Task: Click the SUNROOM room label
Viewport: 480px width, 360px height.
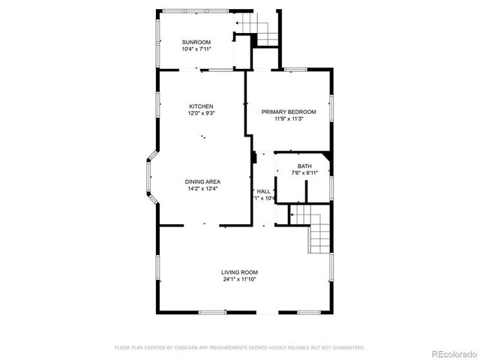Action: [x=196, y=42]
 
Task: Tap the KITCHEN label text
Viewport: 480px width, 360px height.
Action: [x=201, y=106]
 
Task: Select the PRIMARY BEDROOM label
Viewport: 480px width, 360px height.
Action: [x=288, y=112]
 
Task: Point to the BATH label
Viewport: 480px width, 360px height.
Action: [x=304, y=166]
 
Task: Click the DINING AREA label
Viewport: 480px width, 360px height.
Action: [x=203, y=181]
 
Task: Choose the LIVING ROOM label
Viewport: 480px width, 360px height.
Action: [x=239, y=272]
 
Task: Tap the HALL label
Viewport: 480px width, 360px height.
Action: [x=264, y=192]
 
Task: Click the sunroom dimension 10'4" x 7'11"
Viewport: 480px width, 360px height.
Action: [x=196, y=49]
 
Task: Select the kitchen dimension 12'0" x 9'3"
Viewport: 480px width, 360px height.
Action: [x=201, y=114]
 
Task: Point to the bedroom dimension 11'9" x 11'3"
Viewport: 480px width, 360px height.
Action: [x=288, y=119]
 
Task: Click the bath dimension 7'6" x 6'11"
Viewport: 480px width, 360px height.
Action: [x=304, y=173]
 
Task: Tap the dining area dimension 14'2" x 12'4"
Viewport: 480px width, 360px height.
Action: [x=203, y=189]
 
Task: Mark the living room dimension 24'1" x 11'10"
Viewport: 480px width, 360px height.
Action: [x=239, y=280]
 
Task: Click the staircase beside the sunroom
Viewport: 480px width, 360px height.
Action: [x=259, y=31]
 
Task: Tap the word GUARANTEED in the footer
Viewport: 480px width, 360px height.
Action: [x=348, y=347]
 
